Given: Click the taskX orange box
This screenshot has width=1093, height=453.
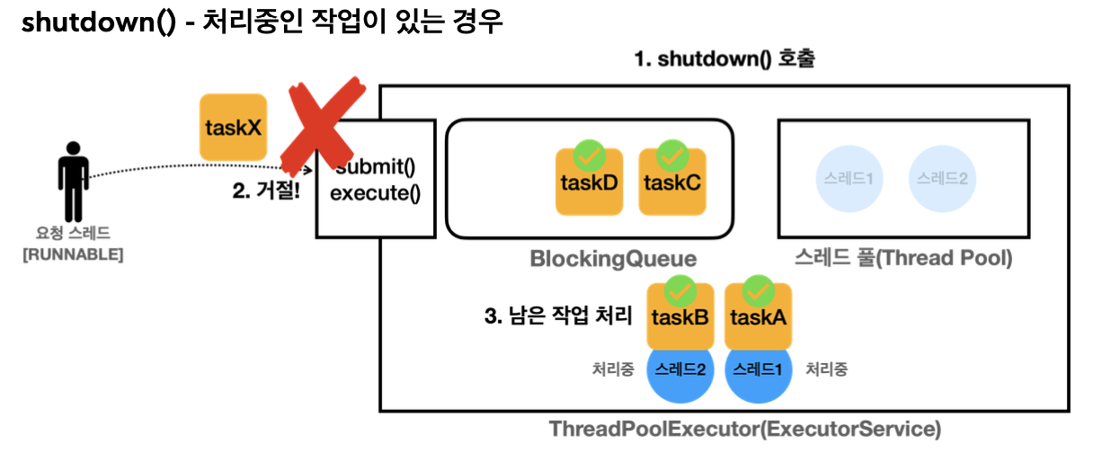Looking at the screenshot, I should (x=233, y=128).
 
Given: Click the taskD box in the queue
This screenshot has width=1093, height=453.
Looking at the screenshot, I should (x=589, y=182).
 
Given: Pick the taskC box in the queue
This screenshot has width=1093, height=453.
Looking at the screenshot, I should (x=671, y=182).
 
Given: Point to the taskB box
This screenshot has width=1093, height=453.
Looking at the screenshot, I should (x=680, y=317).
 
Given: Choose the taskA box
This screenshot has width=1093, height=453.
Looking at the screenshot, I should (x=758, y=317).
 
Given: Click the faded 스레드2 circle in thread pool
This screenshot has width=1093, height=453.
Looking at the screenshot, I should (x=942, y=178).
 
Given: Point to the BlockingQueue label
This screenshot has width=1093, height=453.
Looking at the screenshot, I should (x=613, y=260).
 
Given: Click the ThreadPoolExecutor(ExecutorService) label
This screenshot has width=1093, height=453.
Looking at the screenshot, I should (x=745, y=429).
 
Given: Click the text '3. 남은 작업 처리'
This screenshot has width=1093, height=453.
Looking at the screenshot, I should (x=558, y=317).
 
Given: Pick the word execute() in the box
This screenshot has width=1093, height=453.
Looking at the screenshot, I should (x=376, y=192).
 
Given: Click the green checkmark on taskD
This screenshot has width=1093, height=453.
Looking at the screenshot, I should (x=589, y=155).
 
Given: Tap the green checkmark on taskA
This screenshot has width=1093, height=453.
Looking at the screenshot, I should (x=758, y=290).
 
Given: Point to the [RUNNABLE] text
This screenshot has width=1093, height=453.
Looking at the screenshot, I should (x=73, y=254).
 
